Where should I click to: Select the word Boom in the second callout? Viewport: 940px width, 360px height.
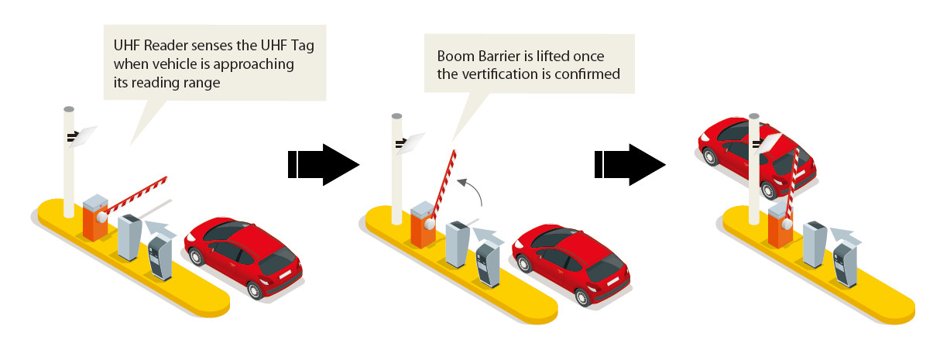tap(455, 57)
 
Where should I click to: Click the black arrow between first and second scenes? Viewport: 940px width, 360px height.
tap(323, 163)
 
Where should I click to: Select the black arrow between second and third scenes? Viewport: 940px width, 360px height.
tap(630, 163)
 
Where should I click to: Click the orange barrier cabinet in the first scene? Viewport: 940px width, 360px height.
tap(94, 221)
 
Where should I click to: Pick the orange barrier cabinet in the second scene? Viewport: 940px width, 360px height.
tap(422, 227)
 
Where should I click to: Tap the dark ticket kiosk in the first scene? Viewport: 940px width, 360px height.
tap(160, 257)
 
